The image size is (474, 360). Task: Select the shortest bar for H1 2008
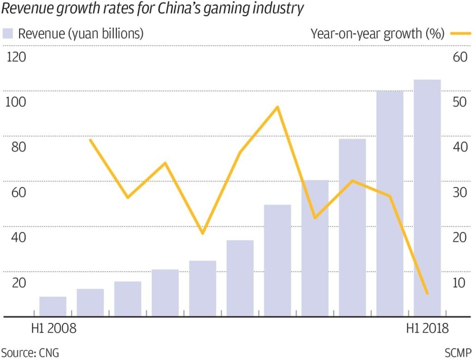point(53,306)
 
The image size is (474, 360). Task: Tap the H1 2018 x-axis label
point(427,329)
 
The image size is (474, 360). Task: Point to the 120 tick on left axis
point(15,57)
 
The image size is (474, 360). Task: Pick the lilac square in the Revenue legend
point(8,33)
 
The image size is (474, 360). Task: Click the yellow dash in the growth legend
point(460,34)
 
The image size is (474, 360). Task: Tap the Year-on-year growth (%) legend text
point(377,34)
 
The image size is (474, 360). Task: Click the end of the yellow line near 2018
point(427,293)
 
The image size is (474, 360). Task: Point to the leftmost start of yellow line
point(90,140)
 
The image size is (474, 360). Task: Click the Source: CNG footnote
point(31,353)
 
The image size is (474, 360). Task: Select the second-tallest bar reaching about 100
point(389,204)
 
